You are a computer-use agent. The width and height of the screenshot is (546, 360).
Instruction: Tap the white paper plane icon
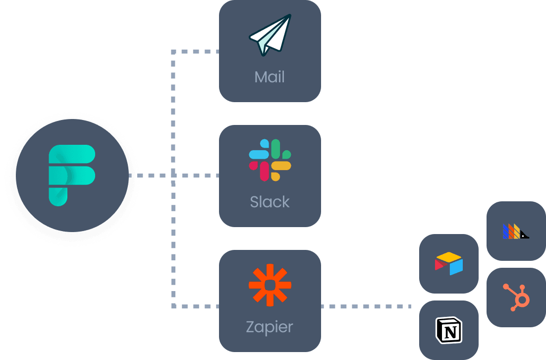271,36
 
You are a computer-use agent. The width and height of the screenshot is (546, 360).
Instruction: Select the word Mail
270,77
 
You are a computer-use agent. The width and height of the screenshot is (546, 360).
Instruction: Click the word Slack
270,202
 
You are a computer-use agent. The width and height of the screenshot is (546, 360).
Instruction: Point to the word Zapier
270,327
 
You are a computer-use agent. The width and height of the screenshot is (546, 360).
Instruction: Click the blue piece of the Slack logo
259,154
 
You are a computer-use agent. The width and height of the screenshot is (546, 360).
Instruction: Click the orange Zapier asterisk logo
270,285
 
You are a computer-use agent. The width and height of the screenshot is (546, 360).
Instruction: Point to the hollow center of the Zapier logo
270,285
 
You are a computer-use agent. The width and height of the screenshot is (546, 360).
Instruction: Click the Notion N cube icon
448,330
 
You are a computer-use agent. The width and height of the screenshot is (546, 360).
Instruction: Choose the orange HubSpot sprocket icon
517,297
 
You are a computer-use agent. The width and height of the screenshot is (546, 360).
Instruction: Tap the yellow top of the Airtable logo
449,257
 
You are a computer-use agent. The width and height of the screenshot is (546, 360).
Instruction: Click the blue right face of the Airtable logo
457,266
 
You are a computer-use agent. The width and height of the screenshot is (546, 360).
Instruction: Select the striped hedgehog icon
516,231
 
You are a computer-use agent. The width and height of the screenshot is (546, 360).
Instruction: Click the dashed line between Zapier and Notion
367,306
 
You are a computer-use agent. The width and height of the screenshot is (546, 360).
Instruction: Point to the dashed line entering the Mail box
198,51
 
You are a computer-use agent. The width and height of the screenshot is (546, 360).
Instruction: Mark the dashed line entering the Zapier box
198,306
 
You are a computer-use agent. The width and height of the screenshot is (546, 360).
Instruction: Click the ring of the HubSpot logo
522,300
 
